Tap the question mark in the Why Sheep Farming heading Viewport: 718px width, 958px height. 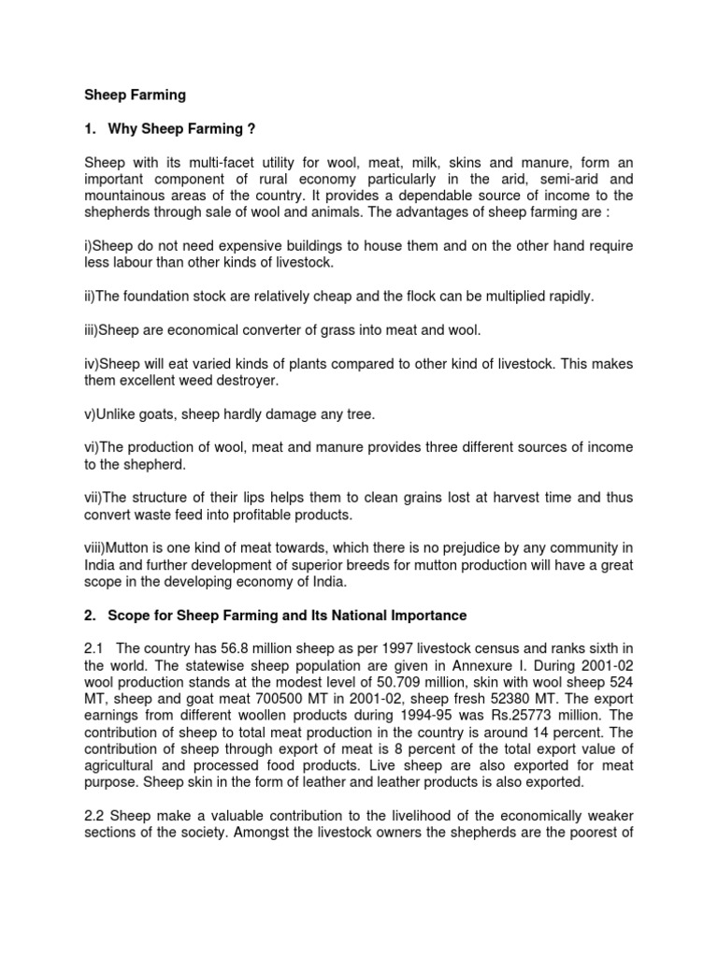[x=250, y=128]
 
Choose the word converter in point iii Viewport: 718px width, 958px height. [x=272, y=330]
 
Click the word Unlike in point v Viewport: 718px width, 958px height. [x=118, y=414]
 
